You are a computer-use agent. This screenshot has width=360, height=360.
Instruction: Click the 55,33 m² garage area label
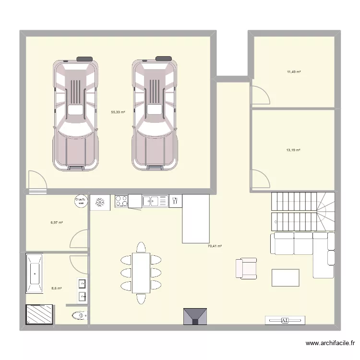click(118, 112)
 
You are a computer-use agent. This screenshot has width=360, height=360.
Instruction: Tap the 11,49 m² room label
click(294, 72)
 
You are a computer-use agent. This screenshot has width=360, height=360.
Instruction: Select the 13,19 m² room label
click(293, 150)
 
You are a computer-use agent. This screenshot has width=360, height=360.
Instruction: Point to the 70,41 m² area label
click(215, 246)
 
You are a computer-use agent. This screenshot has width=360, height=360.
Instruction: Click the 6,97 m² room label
click(57, 223)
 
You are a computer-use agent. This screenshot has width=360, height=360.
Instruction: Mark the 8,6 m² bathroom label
click(57, 288)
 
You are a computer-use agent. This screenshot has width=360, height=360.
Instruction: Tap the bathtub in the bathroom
click(35, 274)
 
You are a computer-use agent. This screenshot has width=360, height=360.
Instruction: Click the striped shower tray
click(37, 315)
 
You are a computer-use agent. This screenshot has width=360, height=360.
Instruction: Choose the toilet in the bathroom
click(79, 315)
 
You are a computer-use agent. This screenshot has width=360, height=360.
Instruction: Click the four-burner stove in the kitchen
click(121, 202)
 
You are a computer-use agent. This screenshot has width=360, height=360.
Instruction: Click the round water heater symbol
click(80, 202)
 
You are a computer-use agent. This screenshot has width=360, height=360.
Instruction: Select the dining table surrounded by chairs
click(141, 273)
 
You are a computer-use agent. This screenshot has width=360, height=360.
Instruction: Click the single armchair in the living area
click(246, 268)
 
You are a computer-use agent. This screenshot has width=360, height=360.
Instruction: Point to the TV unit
click(285, 320)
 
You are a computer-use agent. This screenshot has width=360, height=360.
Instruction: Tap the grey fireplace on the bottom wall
click(195, 316)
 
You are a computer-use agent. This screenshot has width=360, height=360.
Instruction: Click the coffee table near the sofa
click(285, 277)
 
